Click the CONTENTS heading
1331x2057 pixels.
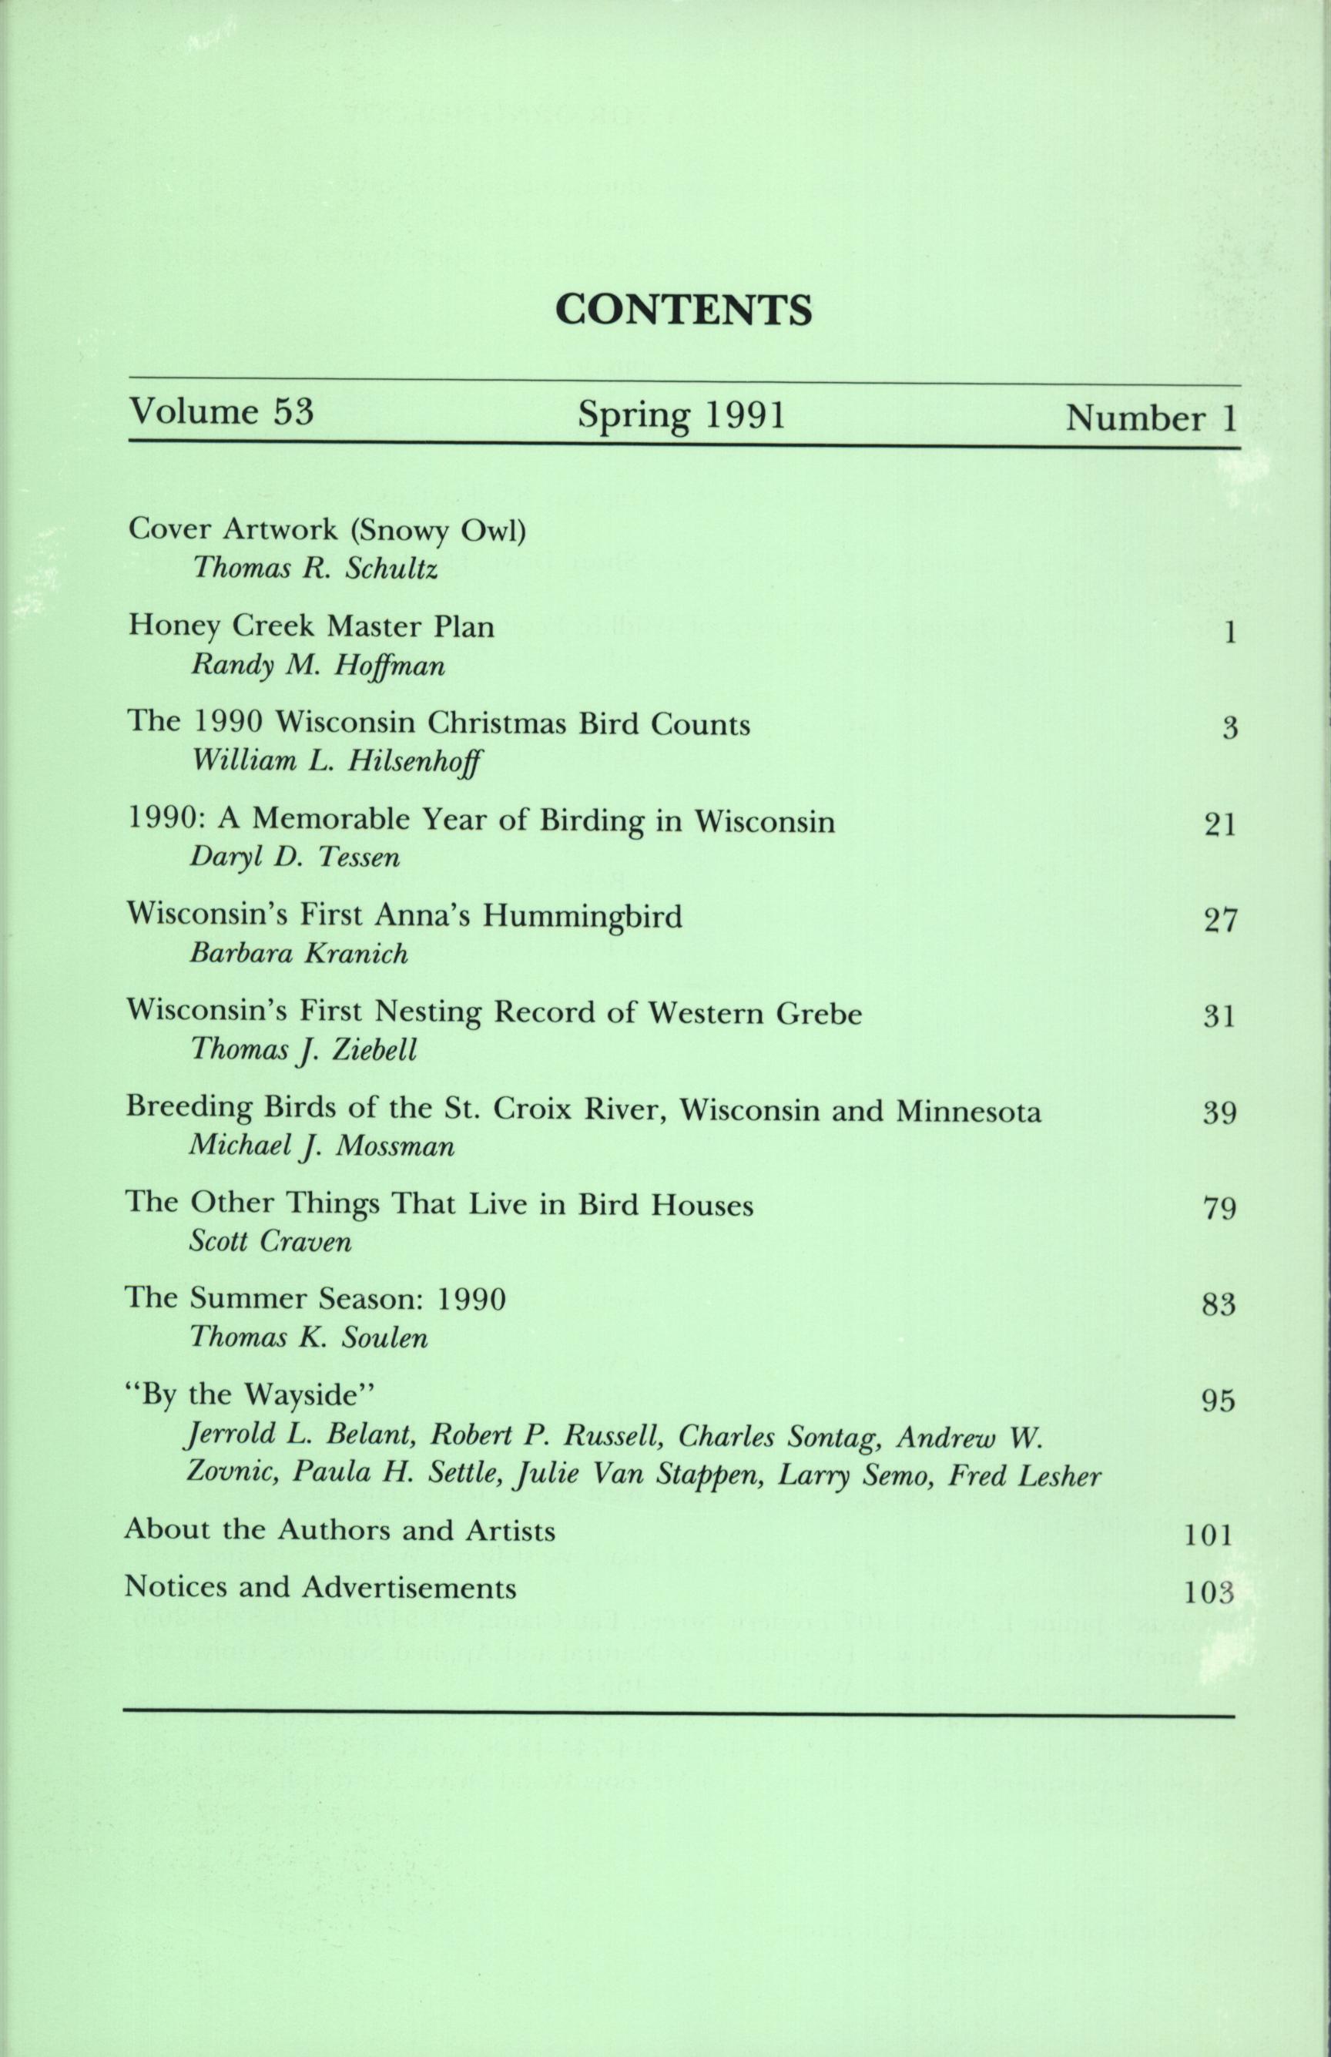682,310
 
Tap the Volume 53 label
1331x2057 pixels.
220,411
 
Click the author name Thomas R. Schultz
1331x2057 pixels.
316,568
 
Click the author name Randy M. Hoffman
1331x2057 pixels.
317,666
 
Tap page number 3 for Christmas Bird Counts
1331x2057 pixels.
1230,729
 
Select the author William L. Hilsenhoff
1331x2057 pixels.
337,761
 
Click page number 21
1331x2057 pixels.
1220,825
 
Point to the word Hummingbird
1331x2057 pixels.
582,915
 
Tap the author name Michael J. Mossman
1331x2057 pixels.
321,1146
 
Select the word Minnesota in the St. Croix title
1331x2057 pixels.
968,1109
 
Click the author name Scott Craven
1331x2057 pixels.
270,1242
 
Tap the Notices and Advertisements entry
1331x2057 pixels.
320,1588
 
